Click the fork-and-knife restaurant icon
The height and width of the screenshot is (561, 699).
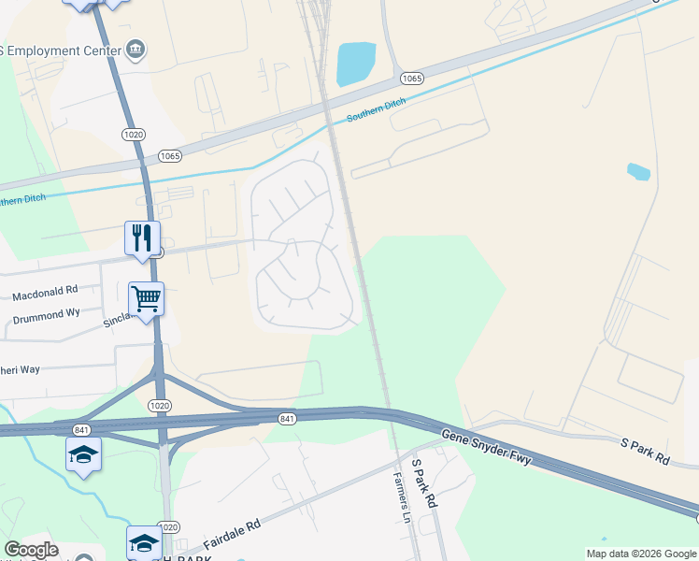[x=143, y=237]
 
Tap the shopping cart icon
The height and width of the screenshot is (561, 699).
[x=146, y=300]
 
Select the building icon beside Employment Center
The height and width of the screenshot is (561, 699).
[x=136, y=49]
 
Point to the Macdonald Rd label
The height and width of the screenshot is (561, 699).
[x=45, y=295]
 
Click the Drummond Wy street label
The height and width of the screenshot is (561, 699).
[x=46, y=315]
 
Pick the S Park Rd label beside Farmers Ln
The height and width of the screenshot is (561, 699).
[x=424, y=483]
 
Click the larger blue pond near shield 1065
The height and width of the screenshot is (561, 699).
[x=354, y=63]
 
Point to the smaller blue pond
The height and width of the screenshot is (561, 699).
[x=638, y=171]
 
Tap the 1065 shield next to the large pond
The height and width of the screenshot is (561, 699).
[x=413, y=78]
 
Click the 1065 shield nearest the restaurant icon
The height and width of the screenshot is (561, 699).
[x=169, y=156]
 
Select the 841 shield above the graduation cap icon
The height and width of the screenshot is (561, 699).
[x=82, y=429]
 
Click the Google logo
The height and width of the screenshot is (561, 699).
[x=31, y=550]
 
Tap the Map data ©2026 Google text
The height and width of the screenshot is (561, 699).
[x=641, y=554]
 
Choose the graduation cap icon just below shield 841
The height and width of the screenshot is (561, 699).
[x=83, y=455]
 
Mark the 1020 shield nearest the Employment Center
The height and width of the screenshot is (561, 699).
[x=133, y=135]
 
